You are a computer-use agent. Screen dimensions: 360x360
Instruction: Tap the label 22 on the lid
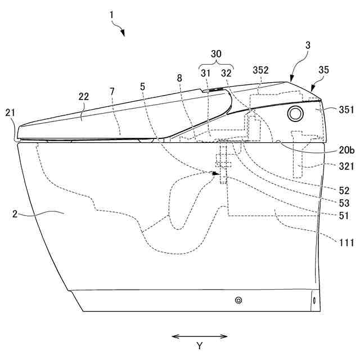point(84,97)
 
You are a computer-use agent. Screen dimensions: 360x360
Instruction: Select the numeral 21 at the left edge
point(11,112)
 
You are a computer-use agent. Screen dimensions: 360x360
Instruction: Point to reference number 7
point(112,92)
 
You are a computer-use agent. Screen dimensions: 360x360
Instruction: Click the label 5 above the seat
point(142,87)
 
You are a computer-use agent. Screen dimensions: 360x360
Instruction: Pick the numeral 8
point(179,79)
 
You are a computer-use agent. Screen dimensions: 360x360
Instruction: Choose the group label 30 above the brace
point(217,53)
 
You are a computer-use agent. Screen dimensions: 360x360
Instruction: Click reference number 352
point(261,70)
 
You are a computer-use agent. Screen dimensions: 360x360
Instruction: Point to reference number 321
point(345,166)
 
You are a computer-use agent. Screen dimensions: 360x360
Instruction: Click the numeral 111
point(345,242)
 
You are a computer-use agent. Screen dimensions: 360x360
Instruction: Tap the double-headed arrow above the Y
point(199,336)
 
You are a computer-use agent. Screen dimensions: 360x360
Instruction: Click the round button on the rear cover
point(295,114)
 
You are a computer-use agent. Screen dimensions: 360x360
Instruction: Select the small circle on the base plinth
point(238,301)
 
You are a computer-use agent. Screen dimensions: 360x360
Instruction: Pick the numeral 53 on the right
point(344,202)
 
